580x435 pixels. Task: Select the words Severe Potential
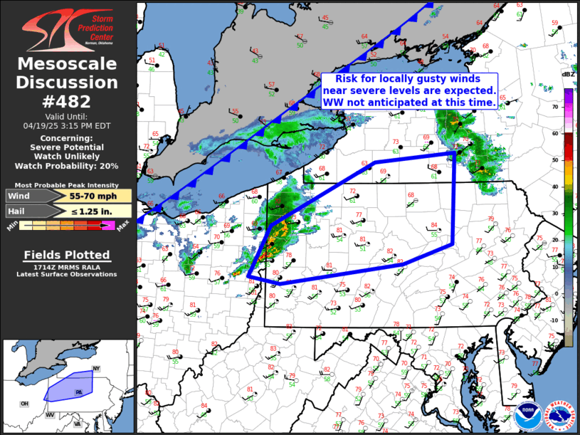(x=67, y=147)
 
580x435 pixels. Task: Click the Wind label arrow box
(x=26, y=196)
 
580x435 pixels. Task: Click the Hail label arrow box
(x=24, y=211)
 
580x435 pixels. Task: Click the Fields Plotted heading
(x=67, y=255)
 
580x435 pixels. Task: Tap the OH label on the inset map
(x=25, y=404)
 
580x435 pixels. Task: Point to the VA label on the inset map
(x=77, y=424)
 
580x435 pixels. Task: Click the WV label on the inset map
(x=51, y=414)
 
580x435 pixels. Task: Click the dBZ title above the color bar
(x=568, y=74)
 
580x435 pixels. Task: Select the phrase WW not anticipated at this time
(x=409, y=103)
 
